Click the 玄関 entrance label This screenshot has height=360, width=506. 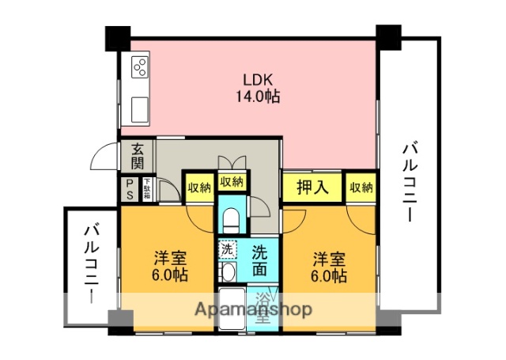pos(138,156)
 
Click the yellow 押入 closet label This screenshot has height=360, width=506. pos(312,188)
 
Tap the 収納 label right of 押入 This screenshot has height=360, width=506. pos(361,188)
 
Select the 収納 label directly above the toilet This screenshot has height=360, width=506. pos(232,183)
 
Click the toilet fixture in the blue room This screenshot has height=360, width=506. pos(232,218)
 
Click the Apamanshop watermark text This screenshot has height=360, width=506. pos(253,309)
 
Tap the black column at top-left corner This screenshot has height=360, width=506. pos(118,37)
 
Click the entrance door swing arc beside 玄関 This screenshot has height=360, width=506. pos(105,160)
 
